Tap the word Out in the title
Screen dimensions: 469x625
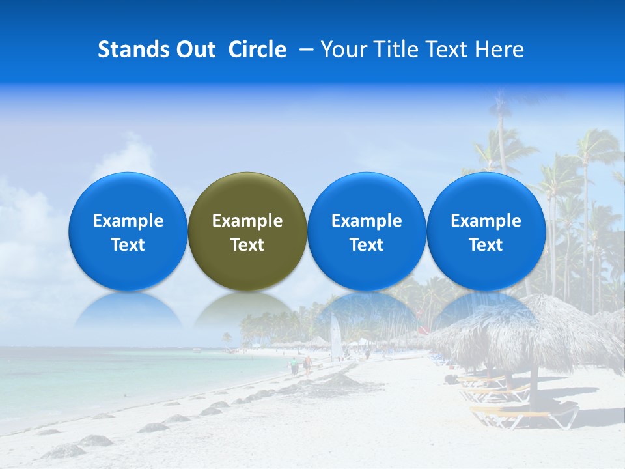click(193, 50)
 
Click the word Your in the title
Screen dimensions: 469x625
click(342, 50)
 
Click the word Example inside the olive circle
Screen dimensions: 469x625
click(247, 221)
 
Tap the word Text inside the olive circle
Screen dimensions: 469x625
click(247, 245)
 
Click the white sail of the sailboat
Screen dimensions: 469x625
click(336, 337)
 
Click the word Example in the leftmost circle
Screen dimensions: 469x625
click(128, 221)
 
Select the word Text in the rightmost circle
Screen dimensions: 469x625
click(486, 245)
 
